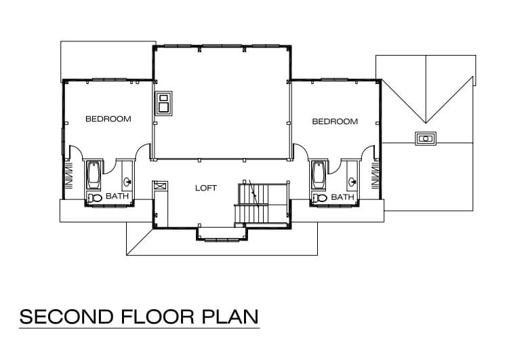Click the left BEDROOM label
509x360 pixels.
(x=108, y=119)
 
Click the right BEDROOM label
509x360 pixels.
(x=335, y=121)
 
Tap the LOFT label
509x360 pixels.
(x=206, y=188)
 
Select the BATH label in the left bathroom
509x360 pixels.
(x=117, y=196)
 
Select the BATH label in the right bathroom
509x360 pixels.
(x=342, y=197)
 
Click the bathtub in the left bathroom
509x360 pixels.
(x=94, y=175)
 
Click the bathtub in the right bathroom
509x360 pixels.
(x=319, y=175)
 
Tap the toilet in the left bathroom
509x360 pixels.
(x=94, y=198)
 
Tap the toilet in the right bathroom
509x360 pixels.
(x=319, y=198)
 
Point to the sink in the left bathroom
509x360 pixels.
(x=128, y=181)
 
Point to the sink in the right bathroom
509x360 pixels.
(x=352, y=182)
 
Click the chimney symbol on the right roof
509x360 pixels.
(x=425, y=139)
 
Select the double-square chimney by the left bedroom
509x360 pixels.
(x=164, y=103)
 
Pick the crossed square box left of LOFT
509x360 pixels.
(x=161, y=186)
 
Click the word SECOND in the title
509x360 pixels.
(x=66, y=317)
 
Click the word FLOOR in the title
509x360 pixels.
(x=157, y=317)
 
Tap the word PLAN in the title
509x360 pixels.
(x=230, y=317)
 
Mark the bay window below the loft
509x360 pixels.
(x=222, y=235)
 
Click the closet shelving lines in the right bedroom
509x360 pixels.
(x=375, y=176)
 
